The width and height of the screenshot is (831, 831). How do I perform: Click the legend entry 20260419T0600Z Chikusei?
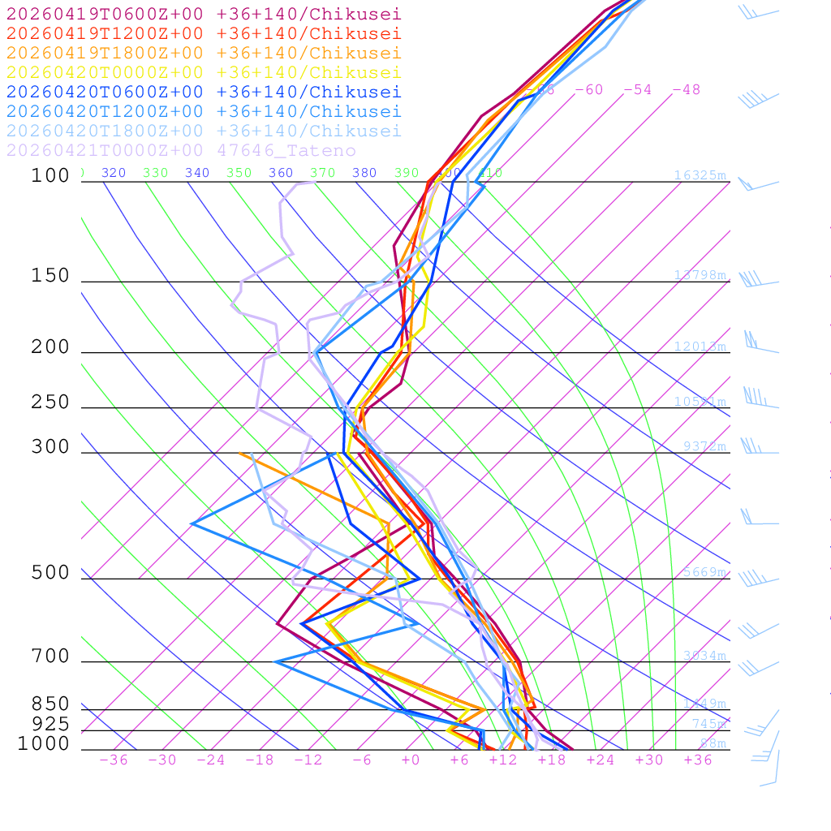click(203, 14)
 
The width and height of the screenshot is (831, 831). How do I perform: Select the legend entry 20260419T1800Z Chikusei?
click(203, 53)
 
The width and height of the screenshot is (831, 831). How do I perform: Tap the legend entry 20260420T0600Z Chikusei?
click(203, 92)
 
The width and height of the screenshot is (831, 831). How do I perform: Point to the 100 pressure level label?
click(50, 175)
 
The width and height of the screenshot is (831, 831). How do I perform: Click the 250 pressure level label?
click(50, 402)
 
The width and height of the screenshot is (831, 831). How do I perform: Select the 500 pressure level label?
click(50, 573)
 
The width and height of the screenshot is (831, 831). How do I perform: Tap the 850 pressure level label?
click(50, 704)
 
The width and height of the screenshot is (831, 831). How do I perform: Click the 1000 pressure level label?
click(44, 743)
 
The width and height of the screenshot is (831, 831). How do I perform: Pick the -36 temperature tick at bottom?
click(114, 760)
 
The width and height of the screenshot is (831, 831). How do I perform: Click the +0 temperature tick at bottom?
click(411, 760)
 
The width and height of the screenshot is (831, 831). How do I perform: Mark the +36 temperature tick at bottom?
click(698, 760)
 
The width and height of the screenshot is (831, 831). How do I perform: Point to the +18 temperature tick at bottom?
click(552, 760)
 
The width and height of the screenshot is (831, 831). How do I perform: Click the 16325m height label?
click(700, 175)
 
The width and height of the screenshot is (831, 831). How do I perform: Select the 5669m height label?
click(704, 572)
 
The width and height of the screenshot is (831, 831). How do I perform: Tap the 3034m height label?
click(704, 656)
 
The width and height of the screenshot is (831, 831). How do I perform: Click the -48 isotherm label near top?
click(686, 89)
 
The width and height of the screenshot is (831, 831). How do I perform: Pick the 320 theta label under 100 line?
click(114, 173)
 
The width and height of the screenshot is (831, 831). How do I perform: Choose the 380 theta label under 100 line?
click(364, 173)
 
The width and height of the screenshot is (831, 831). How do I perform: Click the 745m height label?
click(709, 724)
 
